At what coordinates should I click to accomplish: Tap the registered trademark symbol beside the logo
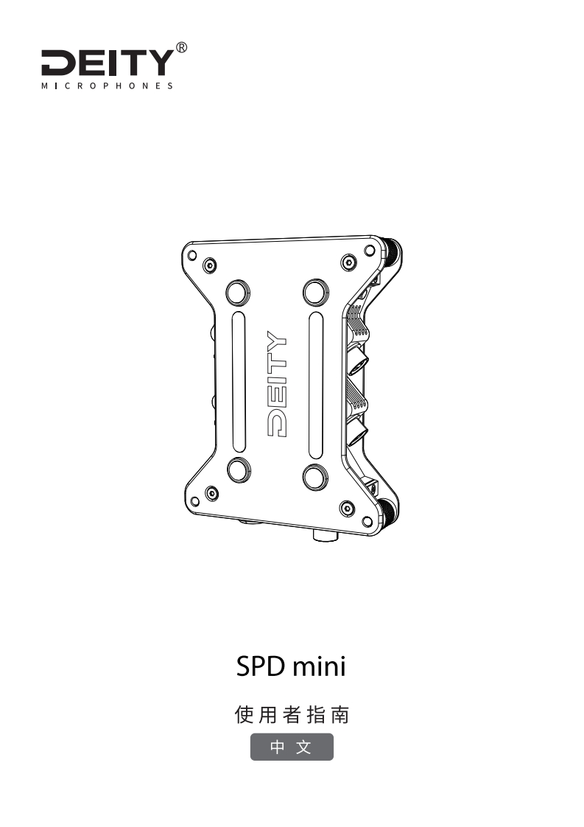[x=182, y=49]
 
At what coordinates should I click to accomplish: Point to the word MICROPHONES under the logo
[x=108, y=86]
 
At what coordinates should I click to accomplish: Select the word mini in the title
[x=319, y=668]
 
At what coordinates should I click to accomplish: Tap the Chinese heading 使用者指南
[x=292, y=714]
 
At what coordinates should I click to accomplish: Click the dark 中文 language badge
[x=292, y=747]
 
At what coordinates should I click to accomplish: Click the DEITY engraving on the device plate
[x=276, y=383]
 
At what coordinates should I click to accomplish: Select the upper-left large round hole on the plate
[x=238, y=292]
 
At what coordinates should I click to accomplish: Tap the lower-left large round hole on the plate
[x=238, y=470]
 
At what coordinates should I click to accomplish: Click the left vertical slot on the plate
[x=238, y=381]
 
